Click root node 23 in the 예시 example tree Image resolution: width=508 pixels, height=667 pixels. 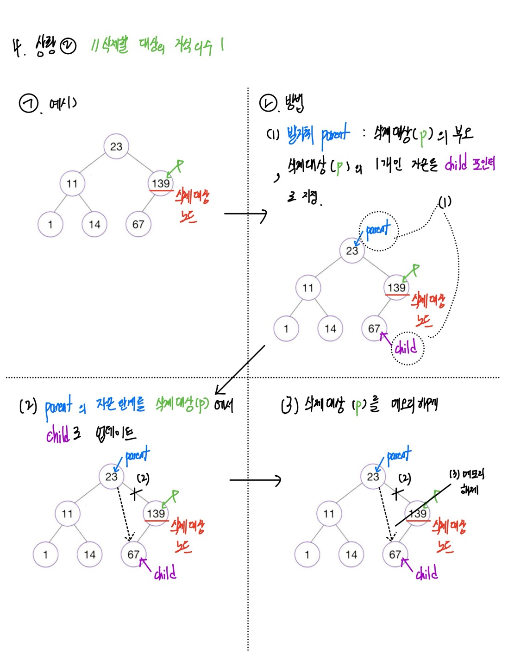tap(116, 146)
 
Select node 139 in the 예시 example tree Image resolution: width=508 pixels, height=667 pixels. tap(161, 183)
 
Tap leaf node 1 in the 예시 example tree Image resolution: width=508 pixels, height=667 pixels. tap(50, 225)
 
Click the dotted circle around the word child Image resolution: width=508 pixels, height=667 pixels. tap(408, 348)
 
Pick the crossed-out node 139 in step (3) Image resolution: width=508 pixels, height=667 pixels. tap(418, 513)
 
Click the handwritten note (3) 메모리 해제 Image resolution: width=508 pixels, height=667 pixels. tap(466, 481)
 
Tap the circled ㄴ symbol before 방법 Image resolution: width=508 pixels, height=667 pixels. tap(268, 103)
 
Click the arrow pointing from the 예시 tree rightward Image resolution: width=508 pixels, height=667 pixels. tap(245, 214)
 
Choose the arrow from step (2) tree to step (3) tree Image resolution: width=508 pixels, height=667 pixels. tap(255, 480)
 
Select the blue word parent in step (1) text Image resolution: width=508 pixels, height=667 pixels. tap(335, 134)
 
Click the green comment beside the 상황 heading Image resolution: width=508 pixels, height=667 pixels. tap(157, 46)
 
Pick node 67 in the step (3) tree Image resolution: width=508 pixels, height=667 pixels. tap(395, 554)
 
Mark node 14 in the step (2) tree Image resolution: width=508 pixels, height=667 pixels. tap(89, 554)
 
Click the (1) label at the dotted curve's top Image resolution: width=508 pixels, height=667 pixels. tap(445, 202)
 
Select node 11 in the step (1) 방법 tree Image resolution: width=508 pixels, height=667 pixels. tap(308, 288)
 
